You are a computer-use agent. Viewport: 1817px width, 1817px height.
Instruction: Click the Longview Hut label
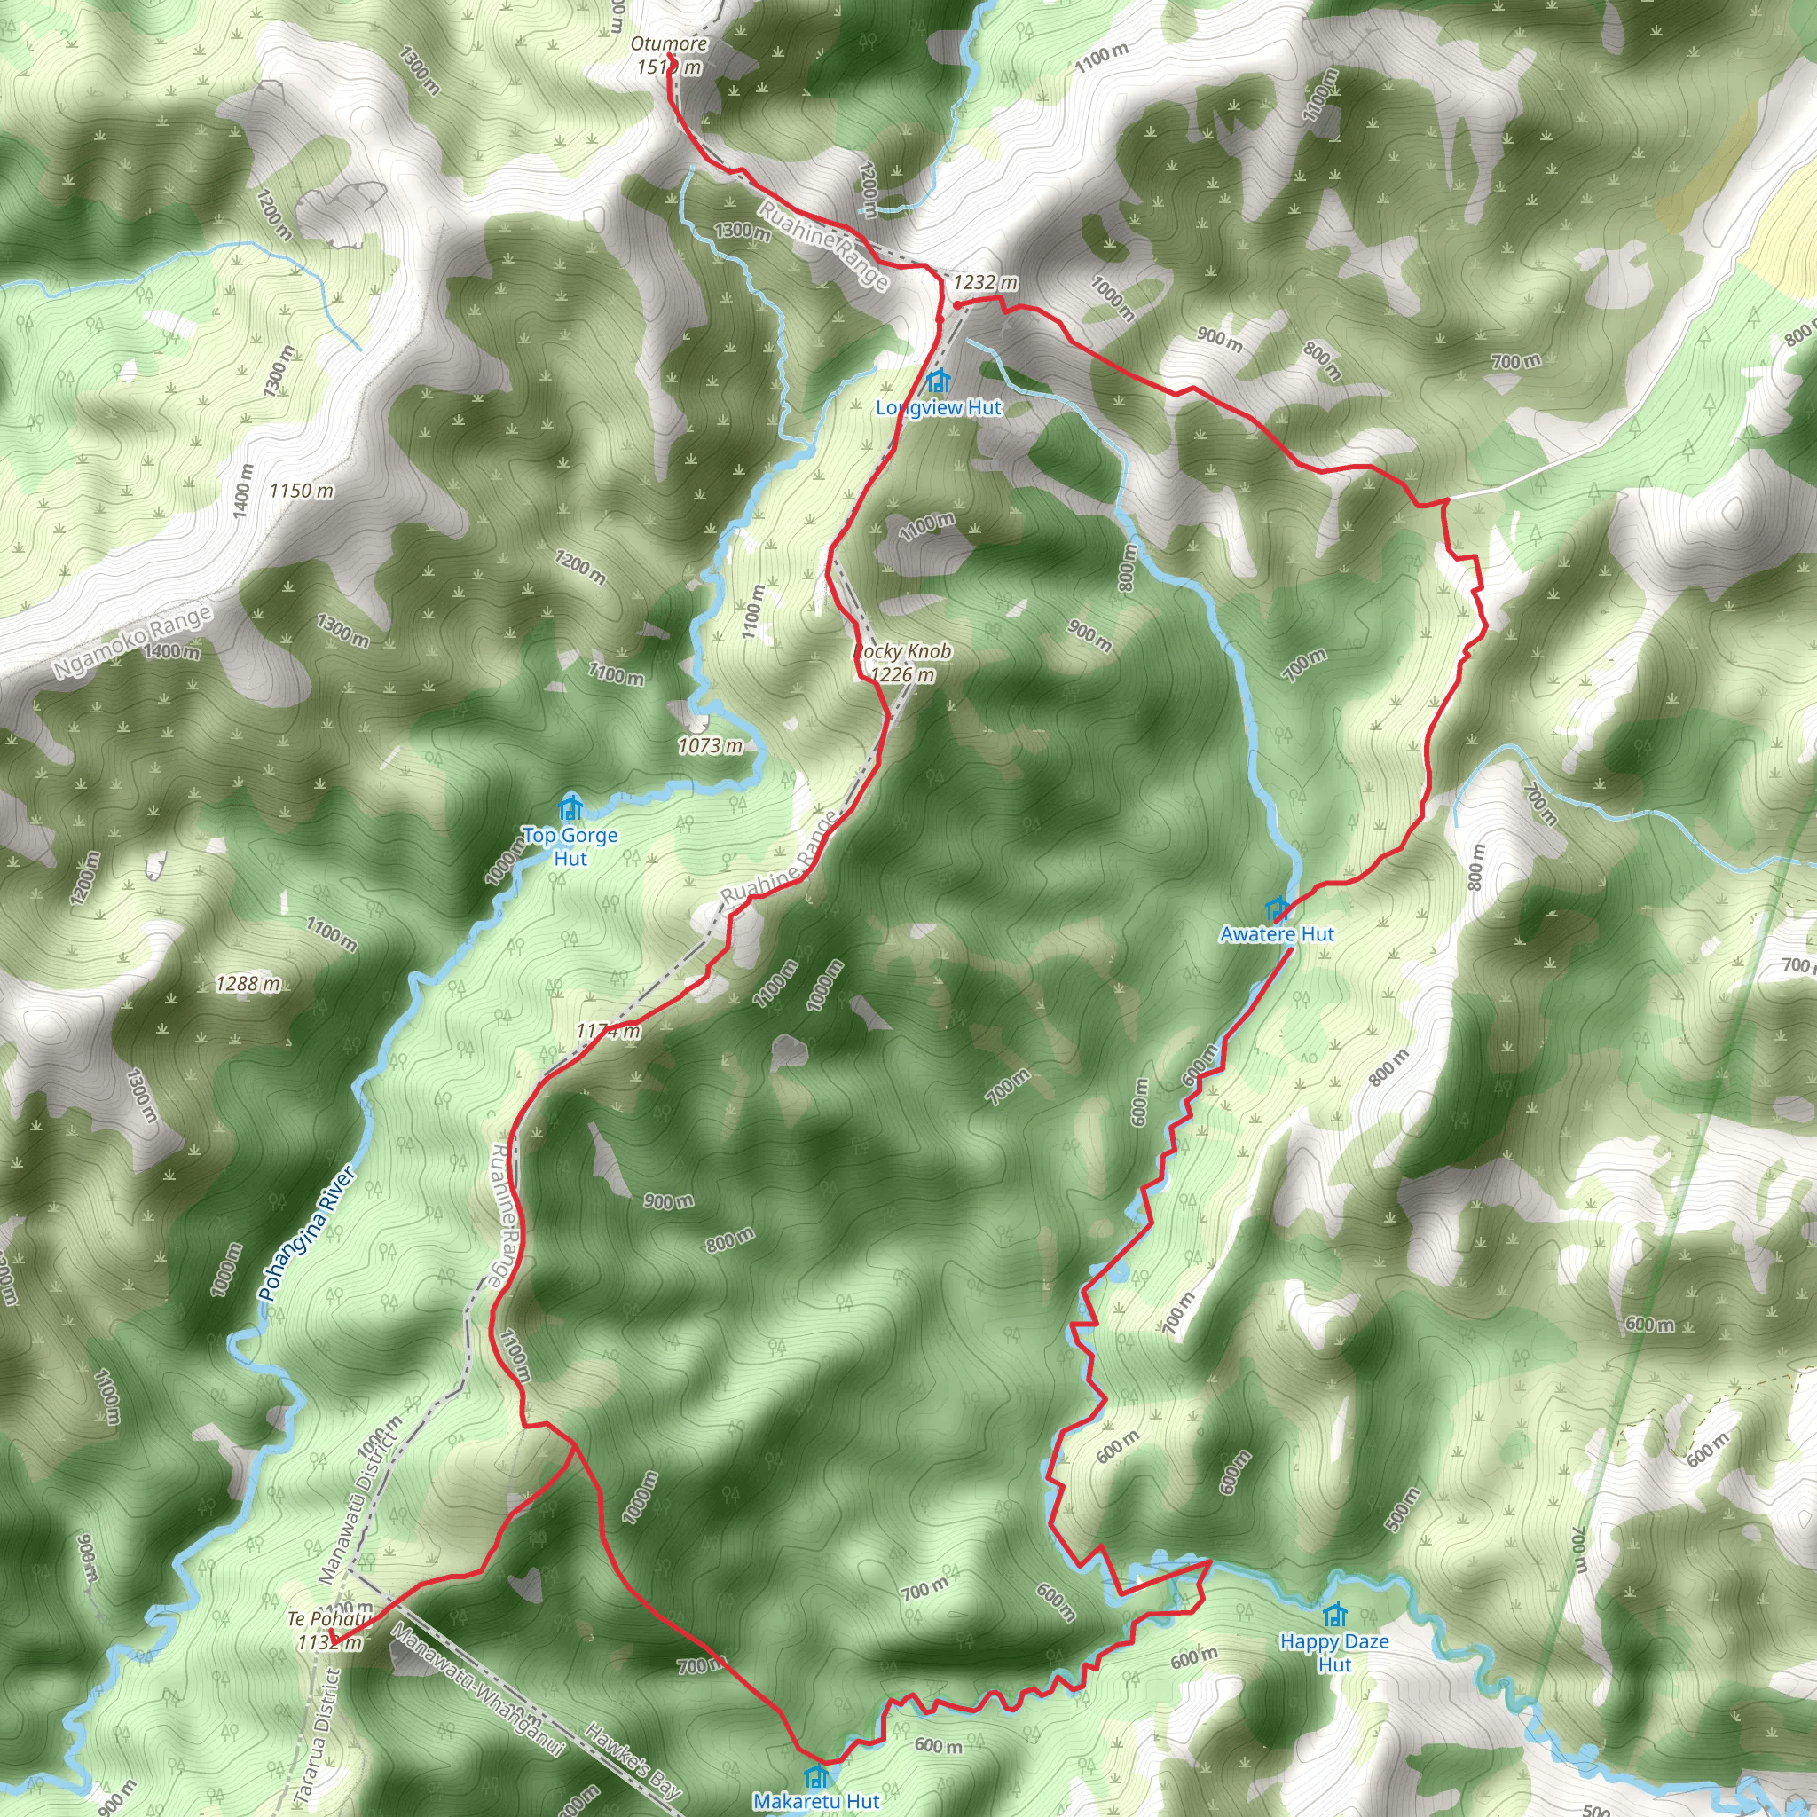938,408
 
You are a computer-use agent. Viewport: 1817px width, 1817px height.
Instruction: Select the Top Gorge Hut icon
570,808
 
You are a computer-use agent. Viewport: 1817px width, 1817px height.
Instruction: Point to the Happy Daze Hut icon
1333,1616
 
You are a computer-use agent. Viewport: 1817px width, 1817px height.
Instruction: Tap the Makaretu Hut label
816,1801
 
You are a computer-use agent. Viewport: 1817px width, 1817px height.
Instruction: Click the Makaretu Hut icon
815,1776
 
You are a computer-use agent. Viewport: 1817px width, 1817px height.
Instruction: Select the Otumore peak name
669,44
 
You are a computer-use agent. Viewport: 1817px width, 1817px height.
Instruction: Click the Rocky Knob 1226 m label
903,662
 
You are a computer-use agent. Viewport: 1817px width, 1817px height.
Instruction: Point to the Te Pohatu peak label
326,1619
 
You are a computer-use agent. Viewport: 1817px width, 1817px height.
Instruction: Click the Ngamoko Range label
132,642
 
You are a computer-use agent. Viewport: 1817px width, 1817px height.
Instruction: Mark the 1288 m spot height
248,984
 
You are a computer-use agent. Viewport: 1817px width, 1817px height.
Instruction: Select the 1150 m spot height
301,490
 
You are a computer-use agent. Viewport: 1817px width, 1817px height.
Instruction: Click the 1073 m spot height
711,746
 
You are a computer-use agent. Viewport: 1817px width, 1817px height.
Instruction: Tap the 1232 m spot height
985,282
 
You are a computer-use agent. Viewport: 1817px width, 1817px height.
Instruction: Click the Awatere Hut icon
1276,909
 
